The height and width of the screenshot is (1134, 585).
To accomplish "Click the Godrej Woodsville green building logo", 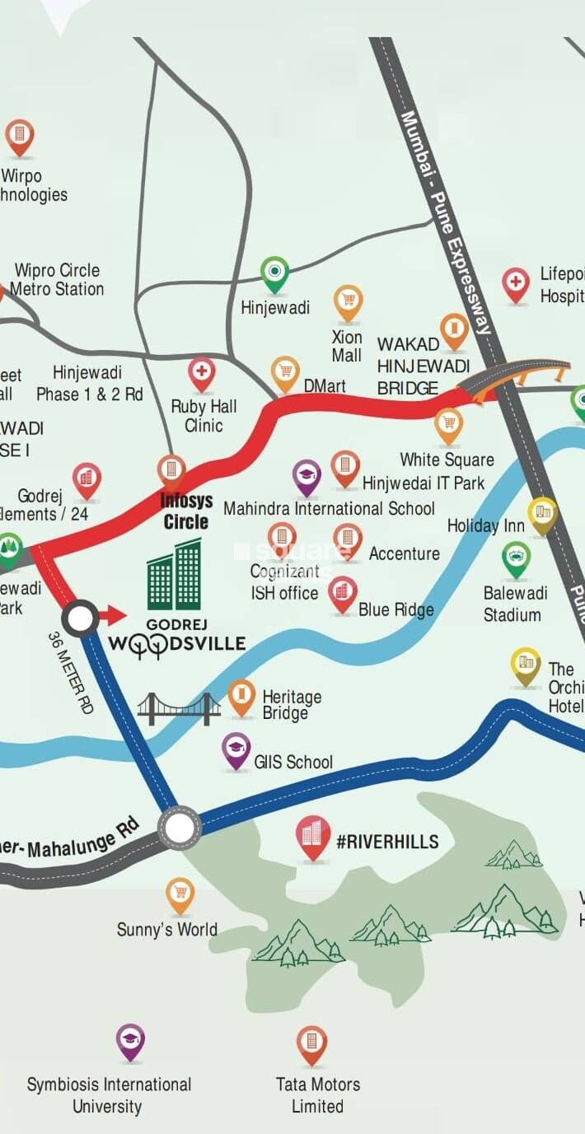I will [x=174, y=576].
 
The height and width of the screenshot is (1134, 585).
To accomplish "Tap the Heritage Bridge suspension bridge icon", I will [x=179, y=708].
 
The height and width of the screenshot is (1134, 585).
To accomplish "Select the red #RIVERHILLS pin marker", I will [x=313, y=836].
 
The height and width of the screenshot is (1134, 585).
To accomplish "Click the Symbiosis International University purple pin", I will [x=130, y=1042].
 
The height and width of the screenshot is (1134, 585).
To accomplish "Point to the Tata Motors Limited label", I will [x=317, y=1094].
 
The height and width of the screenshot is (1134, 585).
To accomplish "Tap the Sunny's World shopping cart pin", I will [x=180, y=894].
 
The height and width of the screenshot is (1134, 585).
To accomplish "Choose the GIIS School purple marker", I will [x=236, y=749].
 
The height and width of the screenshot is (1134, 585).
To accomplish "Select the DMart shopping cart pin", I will [x=285, y=373].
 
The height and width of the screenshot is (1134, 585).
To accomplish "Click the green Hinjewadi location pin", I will [x=274, y=273].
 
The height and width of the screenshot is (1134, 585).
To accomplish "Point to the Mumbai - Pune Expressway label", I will [x=446, y=222].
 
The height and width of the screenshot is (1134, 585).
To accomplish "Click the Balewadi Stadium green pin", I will [x=516, y=559].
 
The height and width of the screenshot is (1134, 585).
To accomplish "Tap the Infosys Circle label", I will [x=185, y=511].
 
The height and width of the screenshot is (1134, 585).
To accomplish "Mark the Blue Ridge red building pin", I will [x=343, y=593].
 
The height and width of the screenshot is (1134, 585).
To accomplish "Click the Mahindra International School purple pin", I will [x=307, y=477].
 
